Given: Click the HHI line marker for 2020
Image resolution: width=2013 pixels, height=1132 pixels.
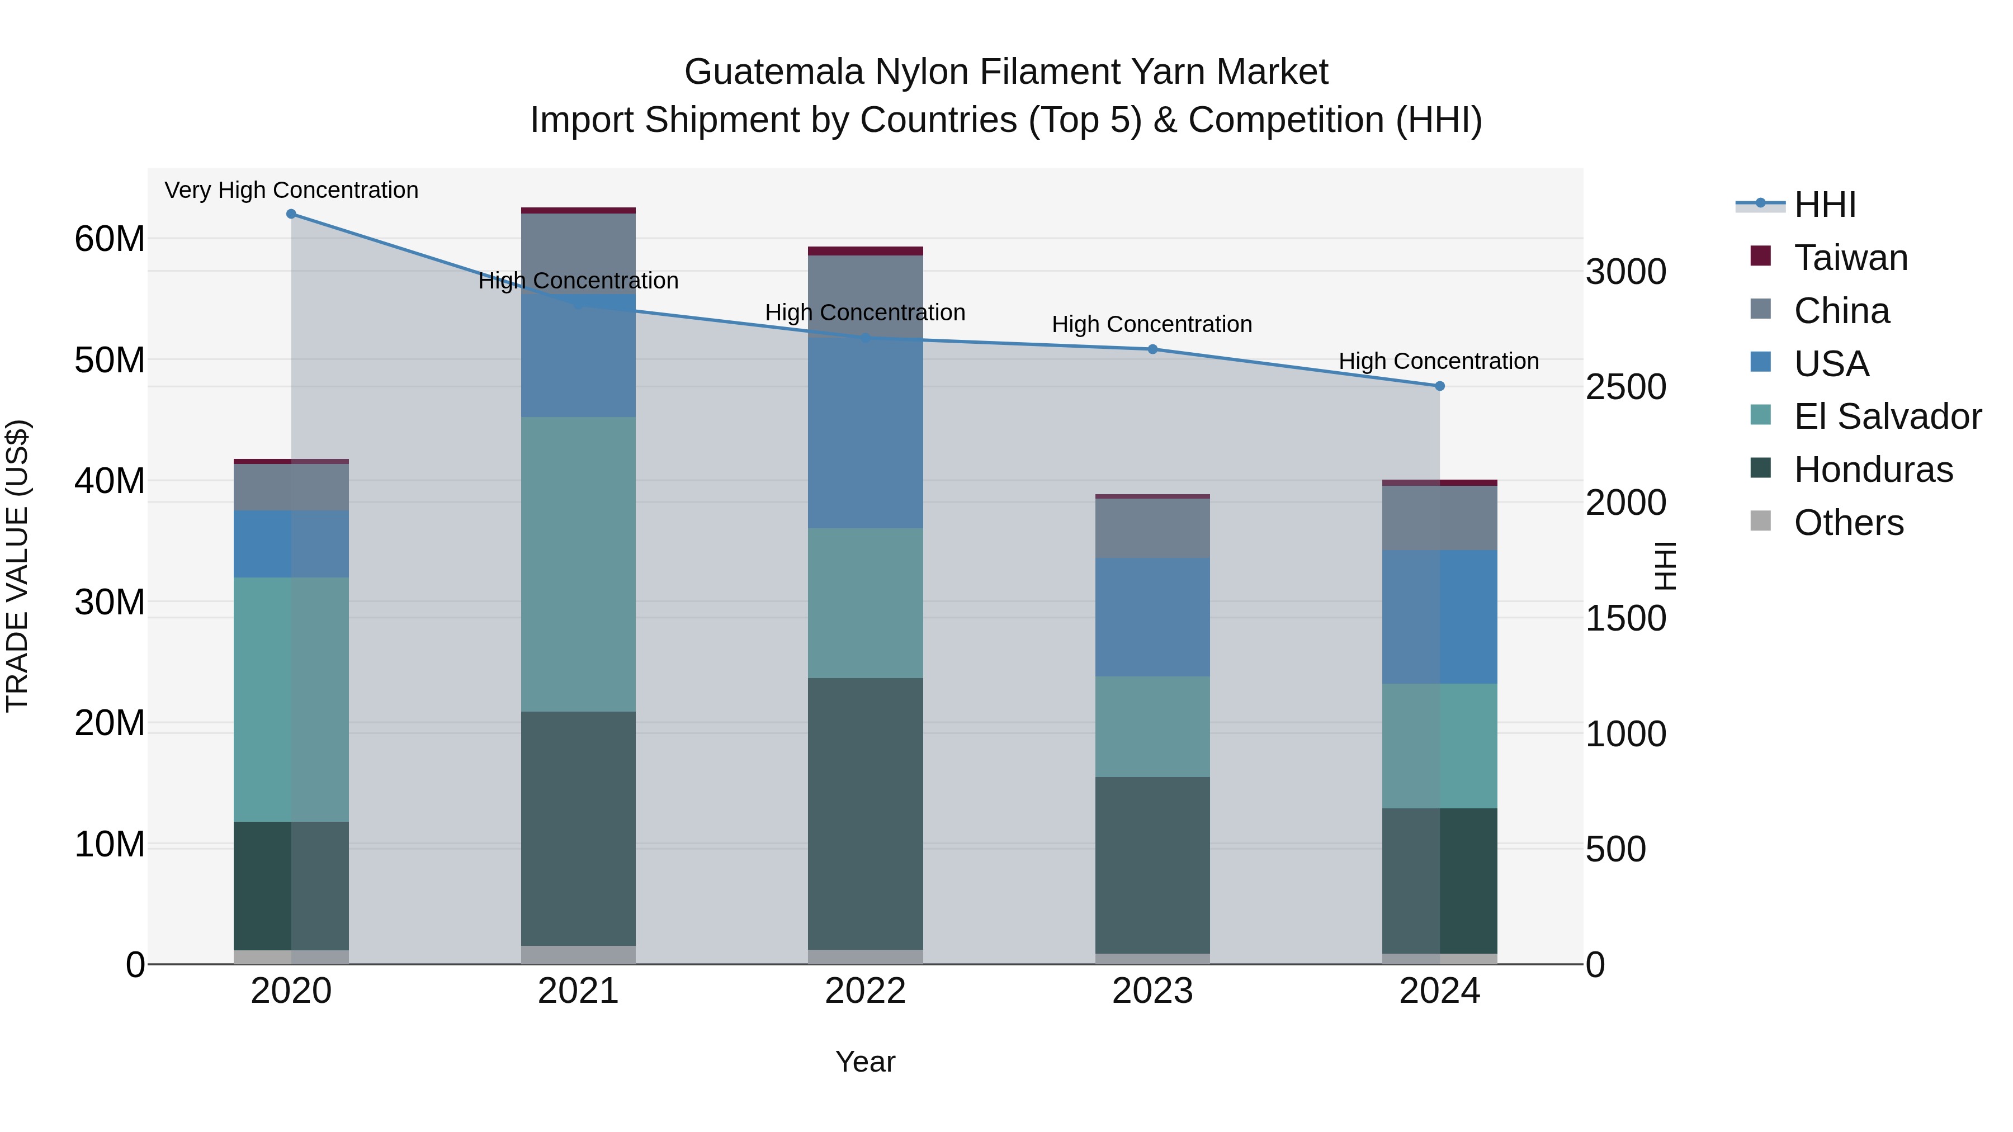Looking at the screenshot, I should [x=291, y=214].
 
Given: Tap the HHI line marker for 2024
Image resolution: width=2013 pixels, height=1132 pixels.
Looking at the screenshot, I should [x=1439, y=386].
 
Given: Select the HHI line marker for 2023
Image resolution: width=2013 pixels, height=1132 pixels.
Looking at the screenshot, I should [x=1152, y=349].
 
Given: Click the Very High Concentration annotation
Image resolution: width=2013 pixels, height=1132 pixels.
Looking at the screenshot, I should [x=291, y=190].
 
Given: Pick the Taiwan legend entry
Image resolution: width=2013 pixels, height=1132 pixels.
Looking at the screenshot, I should [x=1850, y=258].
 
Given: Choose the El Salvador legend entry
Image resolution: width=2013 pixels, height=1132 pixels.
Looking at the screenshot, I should [x=1887, y=416].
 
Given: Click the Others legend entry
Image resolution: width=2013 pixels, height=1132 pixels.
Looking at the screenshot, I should [x=1848, y=523].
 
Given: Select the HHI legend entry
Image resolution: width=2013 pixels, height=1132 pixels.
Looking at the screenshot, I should [x=1824, y=205].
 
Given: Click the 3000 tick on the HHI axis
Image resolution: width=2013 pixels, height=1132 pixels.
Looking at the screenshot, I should [x=1625, y=272].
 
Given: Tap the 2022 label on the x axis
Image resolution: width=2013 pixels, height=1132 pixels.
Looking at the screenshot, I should [x=865, y=991].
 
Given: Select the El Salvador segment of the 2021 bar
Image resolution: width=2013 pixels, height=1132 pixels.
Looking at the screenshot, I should [x=578, y=563].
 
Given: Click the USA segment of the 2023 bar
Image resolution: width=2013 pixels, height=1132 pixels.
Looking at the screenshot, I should [x=1152, y=617].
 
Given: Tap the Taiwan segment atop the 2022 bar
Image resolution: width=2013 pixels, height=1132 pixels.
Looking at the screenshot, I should [x=865, y=251].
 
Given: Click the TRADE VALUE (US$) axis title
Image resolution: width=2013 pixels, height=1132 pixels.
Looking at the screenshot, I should [x=17, y=566].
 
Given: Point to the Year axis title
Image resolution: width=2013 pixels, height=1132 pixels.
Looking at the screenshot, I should [x=865, y=1062].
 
